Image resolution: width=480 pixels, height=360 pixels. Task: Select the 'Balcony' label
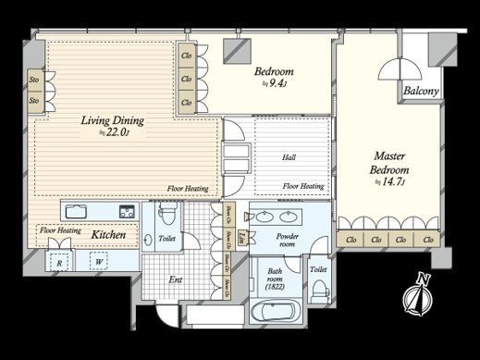[x=421, y=91]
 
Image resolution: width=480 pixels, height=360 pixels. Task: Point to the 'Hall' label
[x=289, y=157]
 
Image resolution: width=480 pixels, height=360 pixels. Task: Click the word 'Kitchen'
[x=109, y=235]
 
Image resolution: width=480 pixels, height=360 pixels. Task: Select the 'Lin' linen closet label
[x=241, y=237]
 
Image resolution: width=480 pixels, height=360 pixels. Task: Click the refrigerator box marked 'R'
[x=59, y=261]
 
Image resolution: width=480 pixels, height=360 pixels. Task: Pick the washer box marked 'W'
[x=98, y=261]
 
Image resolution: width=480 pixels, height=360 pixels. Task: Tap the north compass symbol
[x=417, y=296]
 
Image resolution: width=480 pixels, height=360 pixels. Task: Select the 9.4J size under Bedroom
[x=275, y=84]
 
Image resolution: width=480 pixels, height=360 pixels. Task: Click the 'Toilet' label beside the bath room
[x=318, y=269]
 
